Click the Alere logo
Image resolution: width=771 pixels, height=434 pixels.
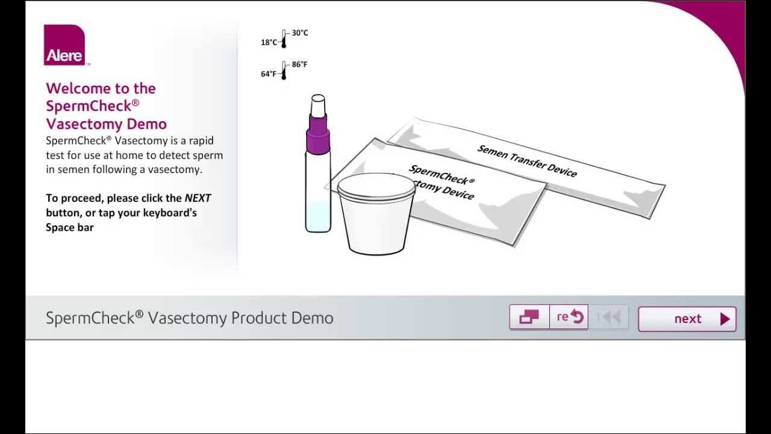(64, 45)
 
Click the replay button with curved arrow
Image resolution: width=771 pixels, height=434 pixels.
(569, 317)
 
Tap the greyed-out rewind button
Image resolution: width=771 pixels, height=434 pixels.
(608, 317)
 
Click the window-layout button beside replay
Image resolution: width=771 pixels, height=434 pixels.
(529, 317)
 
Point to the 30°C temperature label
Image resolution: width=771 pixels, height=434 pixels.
(300, 33)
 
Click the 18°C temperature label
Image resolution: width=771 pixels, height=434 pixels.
(269, 43)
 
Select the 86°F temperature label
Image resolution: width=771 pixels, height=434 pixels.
(299, 64)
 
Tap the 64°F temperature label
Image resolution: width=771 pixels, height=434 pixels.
(269, 74)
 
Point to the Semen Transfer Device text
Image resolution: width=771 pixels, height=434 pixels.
(527, 161)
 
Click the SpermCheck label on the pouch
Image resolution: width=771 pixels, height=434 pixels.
(442, 175)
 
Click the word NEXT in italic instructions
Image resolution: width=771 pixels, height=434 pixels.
(198, 198)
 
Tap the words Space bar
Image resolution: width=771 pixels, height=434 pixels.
(70, 227)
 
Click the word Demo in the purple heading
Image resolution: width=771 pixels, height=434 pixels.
(146, 124)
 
